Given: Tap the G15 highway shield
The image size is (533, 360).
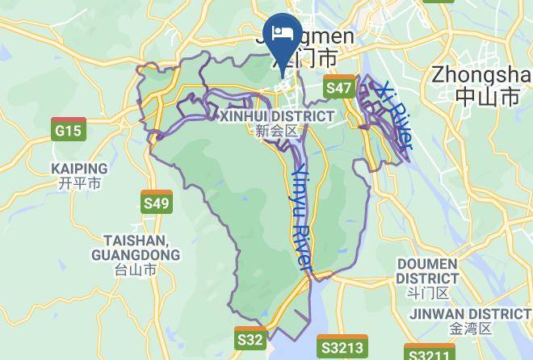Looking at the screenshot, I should pos(68,129).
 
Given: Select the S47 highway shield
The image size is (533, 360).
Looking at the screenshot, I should pos(339,87).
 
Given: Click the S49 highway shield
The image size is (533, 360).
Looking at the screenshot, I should pos(156,202).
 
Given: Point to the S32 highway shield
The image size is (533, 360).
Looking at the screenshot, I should pos(250,339).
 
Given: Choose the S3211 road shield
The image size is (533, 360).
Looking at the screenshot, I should pos(429,354).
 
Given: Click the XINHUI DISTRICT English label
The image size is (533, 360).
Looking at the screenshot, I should pos(276,116).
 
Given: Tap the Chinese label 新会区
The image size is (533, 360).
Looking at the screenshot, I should pos(276,131).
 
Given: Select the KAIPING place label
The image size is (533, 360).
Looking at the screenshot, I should pos(79,169).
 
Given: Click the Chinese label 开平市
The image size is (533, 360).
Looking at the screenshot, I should pos(79,183).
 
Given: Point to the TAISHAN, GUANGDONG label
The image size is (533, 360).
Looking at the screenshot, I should pos(136,248).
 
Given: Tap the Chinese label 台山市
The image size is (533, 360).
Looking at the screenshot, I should pos(136,270).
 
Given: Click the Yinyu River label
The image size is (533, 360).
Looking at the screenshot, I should pos(300,218).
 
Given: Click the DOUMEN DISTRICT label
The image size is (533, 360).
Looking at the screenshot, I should pos(427,271).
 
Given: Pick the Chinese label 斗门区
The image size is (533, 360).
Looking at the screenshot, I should pos(427,292).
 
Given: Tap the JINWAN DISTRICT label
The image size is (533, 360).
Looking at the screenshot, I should pos(470,313).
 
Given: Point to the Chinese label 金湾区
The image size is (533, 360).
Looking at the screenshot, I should pos(470,329).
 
